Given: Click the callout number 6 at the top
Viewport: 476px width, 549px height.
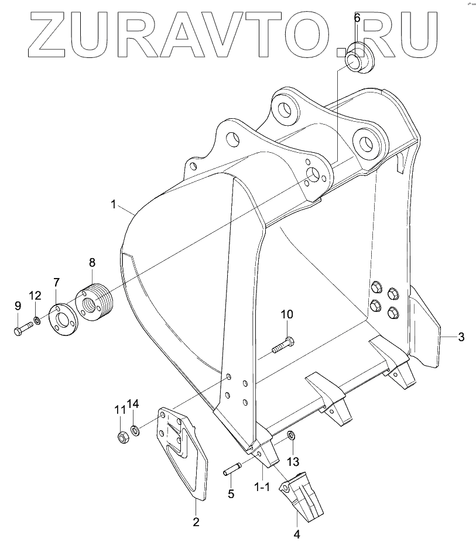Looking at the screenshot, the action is [x=357, y=17].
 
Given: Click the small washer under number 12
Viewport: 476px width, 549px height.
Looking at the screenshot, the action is [x=37, y=320].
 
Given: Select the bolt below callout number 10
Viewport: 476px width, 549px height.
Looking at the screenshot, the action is [x=283, y=345].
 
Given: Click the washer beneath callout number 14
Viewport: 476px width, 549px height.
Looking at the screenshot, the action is [x=135, y=431].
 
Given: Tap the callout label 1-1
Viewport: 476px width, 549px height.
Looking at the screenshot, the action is [x=261, y=488].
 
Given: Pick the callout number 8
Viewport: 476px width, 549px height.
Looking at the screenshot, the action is [x=92, y=263].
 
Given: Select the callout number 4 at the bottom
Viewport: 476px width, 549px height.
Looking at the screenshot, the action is [x=297, y=533].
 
